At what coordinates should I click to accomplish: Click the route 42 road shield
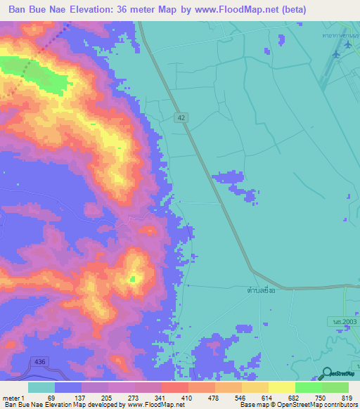[181, 119]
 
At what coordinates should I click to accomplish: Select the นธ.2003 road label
[346, 320]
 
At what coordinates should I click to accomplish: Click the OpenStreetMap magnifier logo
[325, 374]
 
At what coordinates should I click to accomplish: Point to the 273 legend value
[134, 398]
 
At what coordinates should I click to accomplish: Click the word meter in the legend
[11, 398]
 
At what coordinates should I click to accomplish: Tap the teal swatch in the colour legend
[41, 387]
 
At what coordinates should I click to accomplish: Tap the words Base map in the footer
[251, 405]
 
